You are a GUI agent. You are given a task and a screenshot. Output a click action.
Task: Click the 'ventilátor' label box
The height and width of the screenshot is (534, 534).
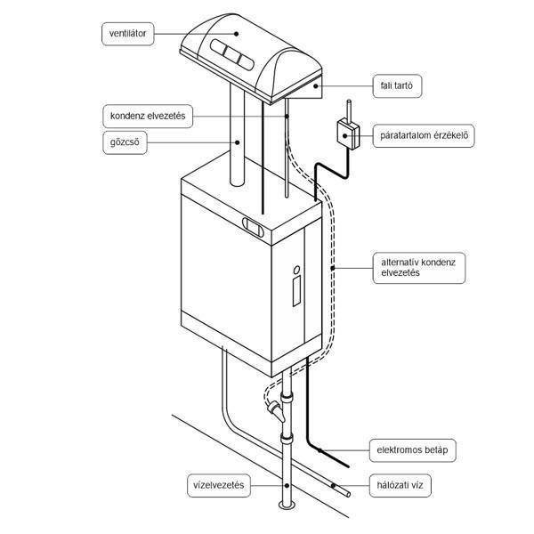[127, 34]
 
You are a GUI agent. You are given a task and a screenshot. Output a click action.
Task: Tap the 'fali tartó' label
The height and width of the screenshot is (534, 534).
[397, 85]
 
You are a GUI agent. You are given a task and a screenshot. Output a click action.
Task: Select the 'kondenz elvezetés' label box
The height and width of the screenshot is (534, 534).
[148, 116]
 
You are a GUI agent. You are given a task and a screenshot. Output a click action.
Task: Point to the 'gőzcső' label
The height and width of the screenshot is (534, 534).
[125, 142]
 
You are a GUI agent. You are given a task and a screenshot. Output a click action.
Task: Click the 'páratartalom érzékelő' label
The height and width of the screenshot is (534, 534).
[424, 135]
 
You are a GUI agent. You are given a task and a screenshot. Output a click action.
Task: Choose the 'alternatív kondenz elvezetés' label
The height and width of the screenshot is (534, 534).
[419, 268]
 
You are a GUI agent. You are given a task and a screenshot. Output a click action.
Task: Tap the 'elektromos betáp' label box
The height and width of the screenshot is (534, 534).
[412, 450]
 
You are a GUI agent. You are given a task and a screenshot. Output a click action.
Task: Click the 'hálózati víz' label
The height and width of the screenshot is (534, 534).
[400, 485]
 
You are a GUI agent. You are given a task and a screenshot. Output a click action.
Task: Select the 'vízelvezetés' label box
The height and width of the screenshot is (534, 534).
[219, 485]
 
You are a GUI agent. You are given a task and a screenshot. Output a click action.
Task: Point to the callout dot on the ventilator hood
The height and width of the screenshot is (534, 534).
[236, 34]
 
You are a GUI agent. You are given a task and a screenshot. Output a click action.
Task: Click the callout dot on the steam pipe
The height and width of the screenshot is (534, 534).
[238, 142]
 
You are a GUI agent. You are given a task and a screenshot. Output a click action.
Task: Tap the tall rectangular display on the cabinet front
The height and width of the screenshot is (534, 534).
[296, 291]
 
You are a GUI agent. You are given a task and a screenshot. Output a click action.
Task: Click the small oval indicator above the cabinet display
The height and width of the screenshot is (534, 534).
[296, 270]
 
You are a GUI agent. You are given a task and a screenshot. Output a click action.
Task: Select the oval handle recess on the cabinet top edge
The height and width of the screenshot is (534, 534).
[253, 226]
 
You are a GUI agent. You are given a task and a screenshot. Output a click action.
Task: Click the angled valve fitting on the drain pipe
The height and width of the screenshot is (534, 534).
[276, 410]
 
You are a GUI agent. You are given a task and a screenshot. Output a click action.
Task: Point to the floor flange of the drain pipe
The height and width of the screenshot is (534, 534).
[287, 505]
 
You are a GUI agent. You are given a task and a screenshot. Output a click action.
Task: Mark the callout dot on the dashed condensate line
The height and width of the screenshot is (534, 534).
[332, 268]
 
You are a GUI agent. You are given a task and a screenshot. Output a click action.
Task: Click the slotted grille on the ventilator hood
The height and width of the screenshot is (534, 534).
[232, 55]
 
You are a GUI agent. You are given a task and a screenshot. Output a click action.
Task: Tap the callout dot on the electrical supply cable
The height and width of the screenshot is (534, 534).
[320, 450]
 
